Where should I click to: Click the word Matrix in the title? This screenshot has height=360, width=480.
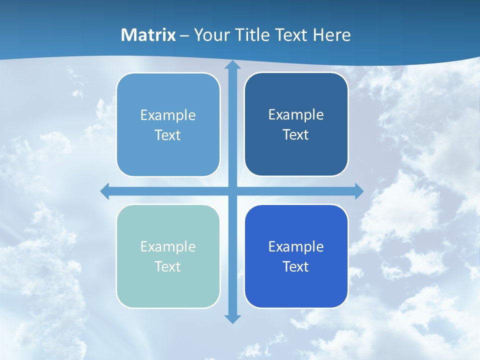coord(148,35)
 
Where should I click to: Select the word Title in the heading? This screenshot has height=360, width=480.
coord(248,35)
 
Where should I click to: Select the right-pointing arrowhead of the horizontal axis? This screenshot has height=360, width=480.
coord(358,191)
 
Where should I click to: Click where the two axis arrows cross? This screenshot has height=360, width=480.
coord(232,191)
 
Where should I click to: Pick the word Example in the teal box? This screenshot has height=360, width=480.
coord(168,246)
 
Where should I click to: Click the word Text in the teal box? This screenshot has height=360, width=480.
coord(168,266)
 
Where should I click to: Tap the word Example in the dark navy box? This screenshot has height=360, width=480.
coord(296,114)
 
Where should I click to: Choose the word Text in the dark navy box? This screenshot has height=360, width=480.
coord(296,134)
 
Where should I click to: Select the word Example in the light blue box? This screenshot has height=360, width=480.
coord(168,115)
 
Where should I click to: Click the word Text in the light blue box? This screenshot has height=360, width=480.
coord(168,135)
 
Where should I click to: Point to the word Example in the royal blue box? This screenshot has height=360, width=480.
coord(296,246)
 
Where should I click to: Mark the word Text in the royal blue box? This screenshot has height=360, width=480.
coord(296,266)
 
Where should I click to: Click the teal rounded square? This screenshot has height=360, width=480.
coord(168,290)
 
